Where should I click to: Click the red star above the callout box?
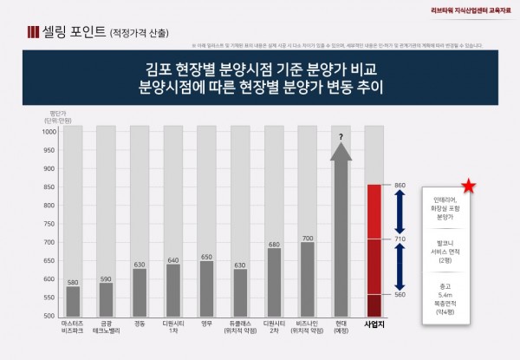pos(468,187)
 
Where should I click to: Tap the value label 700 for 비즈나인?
pos(307,236)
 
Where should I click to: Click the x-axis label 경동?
pos(139,321)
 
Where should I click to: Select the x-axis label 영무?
pos(206,321)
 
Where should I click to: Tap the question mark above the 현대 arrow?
pos(341,136)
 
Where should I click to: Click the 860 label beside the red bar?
pos(400,186)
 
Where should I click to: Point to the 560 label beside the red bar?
pos(400,294)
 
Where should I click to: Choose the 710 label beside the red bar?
pos(400,239)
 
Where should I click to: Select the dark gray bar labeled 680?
pos(274,281)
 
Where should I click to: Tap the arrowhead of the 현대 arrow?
pos(341,153)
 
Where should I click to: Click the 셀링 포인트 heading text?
pos(70,33)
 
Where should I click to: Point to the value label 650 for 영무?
pos(206,255)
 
